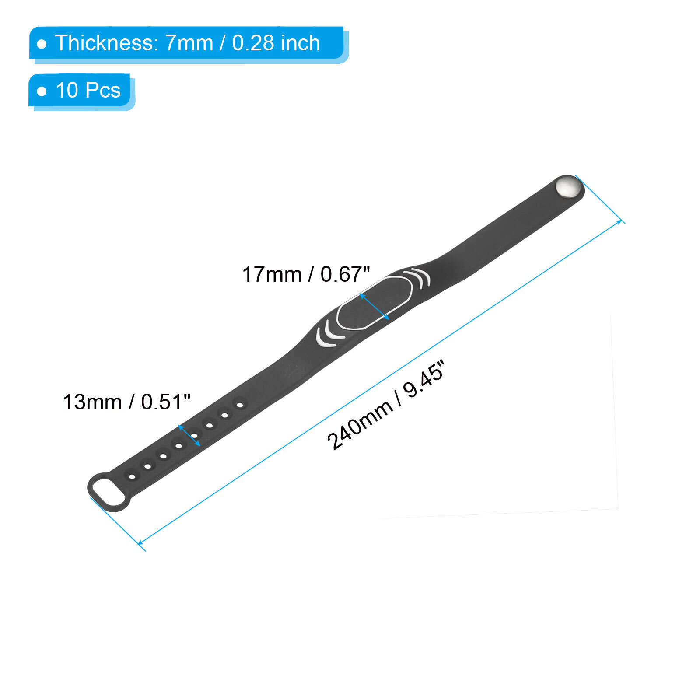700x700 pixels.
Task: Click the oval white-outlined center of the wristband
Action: (x=374, y=302)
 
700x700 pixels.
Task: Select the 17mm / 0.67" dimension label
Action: (x=306, y=274)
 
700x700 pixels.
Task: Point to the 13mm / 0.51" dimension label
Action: (x=127, y=402)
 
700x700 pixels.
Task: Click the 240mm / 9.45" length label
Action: (x=385, y=405)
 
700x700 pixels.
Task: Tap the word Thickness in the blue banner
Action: (x=104, y=43)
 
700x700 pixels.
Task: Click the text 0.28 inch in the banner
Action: (x=276, y=43)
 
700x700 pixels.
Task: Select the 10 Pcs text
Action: (x=88, y=90)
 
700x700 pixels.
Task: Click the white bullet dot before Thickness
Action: (x=42, y=44)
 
